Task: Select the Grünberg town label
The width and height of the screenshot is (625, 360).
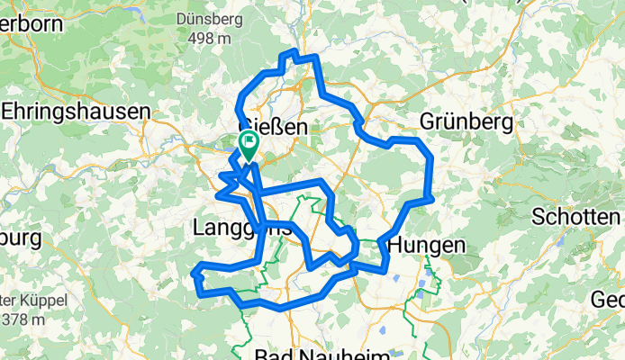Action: (466, 121)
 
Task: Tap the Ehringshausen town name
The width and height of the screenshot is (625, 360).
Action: (76, 112)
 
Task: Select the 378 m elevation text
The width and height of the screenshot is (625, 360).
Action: (24, 319)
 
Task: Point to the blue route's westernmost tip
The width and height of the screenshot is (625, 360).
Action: (194, 270)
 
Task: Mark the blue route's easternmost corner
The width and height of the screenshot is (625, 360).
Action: (432, 198)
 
